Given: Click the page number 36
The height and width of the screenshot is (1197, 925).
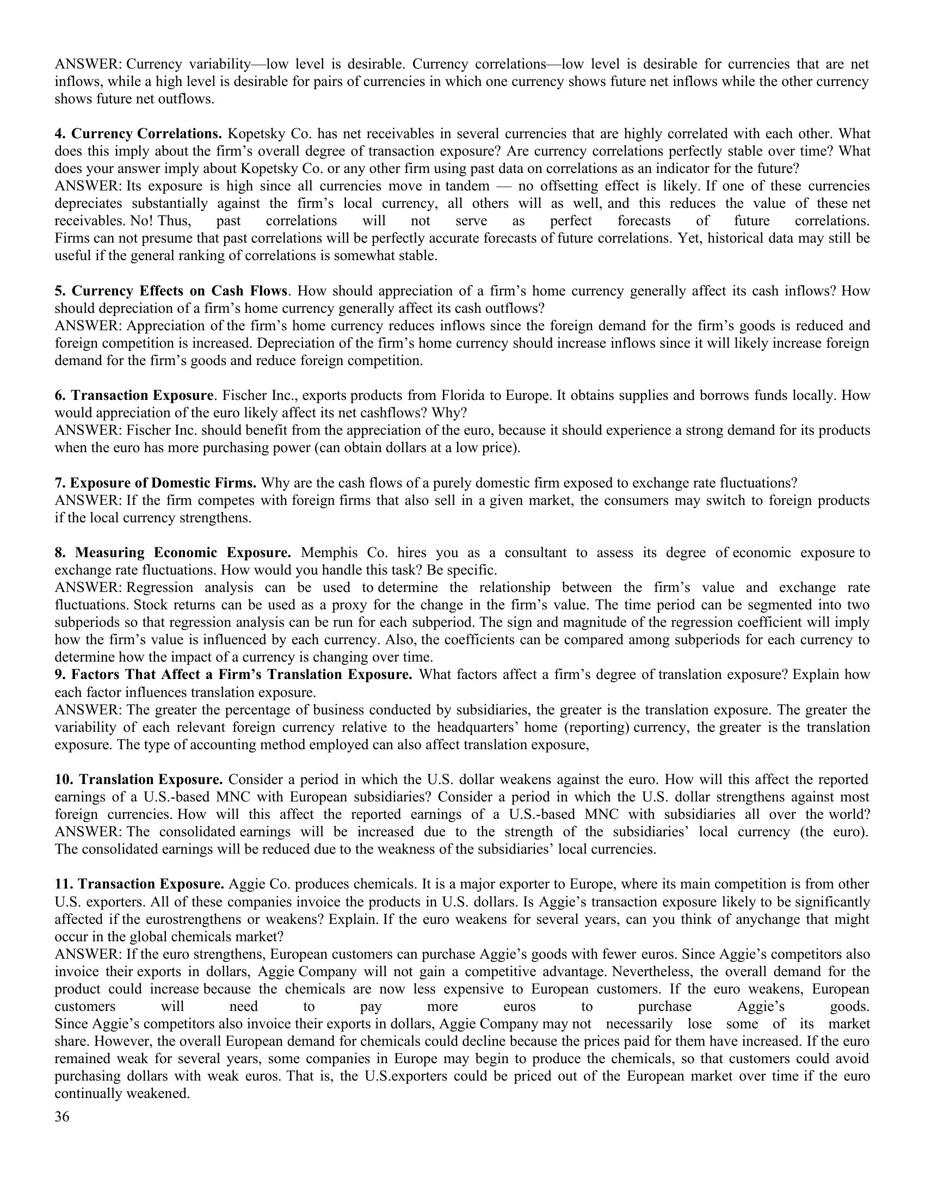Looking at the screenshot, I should pyautogui.click(x=62, y=1116).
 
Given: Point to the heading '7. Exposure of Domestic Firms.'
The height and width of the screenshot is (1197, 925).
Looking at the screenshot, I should pyautogui.click(x=156, y=483).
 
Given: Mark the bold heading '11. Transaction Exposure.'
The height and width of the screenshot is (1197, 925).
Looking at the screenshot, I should pyautogui.click(x=139, y=884).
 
